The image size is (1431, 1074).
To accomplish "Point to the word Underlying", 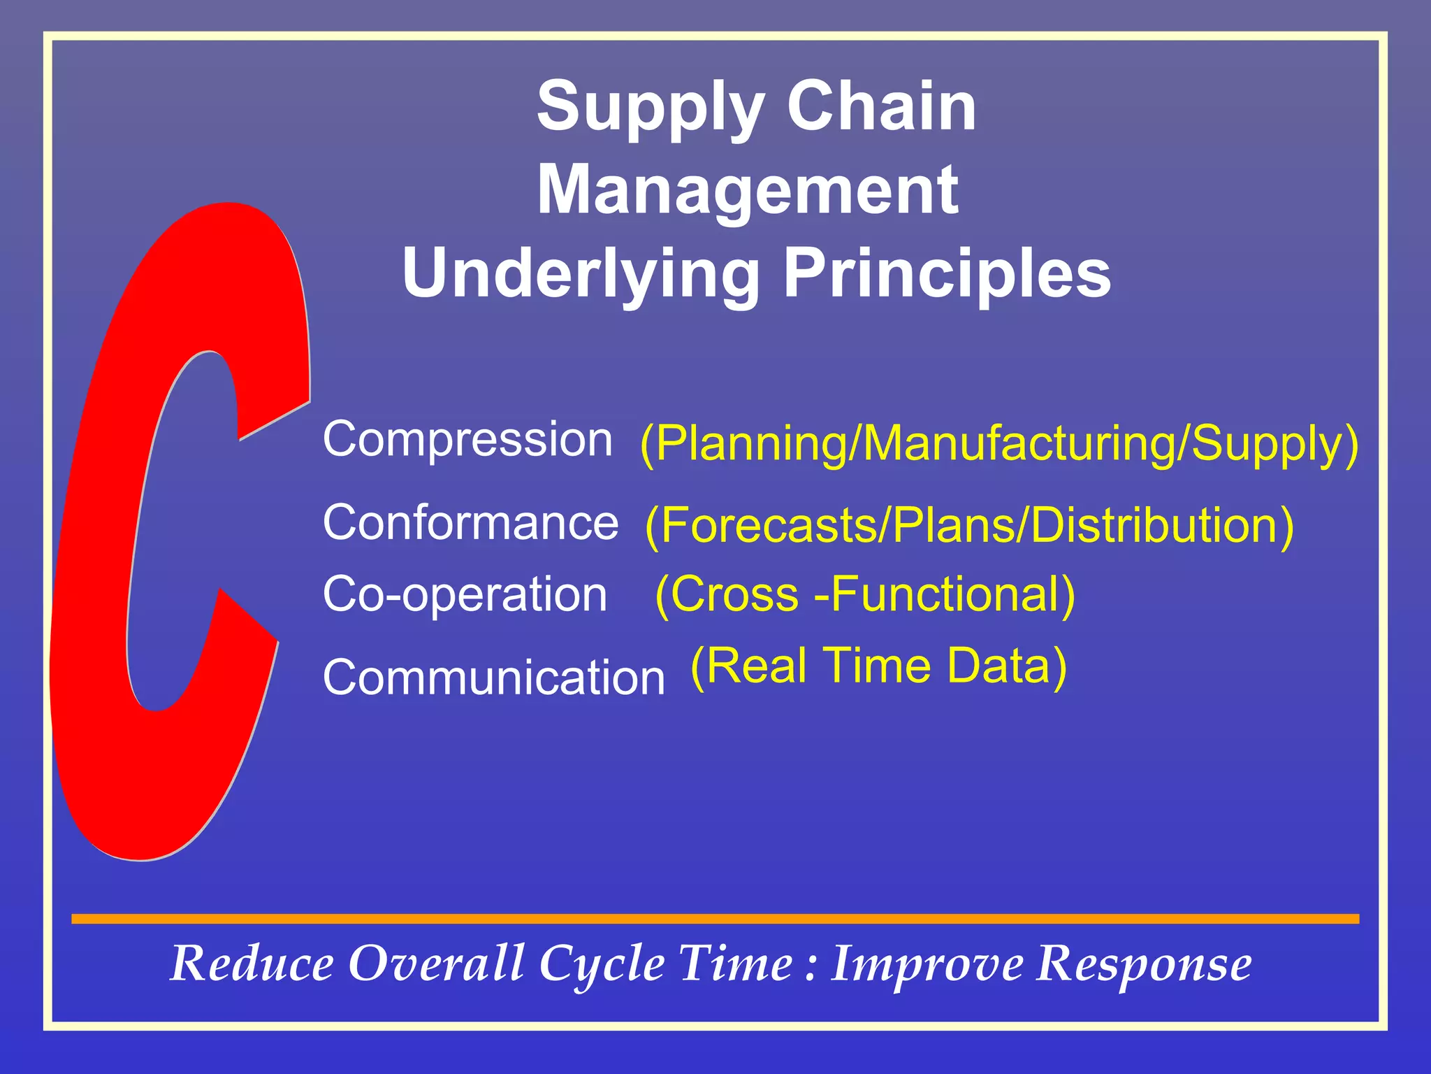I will coord(581,274).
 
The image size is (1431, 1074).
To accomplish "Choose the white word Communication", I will coord(493,678).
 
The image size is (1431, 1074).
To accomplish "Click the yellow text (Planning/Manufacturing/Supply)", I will coord(999,443).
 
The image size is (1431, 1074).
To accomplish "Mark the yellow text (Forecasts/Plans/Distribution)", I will coord(969,526).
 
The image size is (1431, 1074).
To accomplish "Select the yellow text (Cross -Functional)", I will coord(865,594).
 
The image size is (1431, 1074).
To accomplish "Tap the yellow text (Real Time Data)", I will coord(878,666).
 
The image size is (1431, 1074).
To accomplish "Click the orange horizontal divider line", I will coord(715,919).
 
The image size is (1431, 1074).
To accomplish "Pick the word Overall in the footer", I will coord(436,964).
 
